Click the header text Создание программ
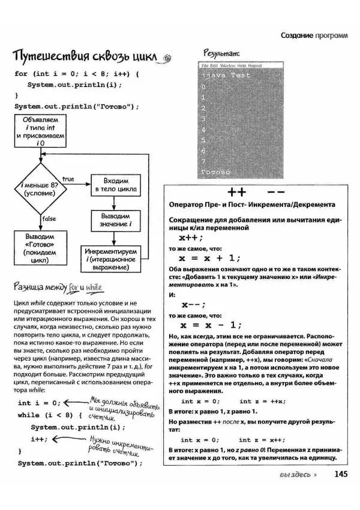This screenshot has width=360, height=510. (314, 36)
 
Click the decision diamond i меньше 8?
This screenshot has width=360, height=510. (39, 189)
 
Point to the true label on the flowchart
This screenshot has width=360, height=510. (68, 179)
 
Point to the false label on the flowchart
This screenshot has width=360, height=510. (49, 219)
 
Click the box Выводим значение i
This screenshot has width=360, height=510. (116, 220)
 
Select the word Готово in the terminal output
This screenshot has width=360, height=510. (216, 172)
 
